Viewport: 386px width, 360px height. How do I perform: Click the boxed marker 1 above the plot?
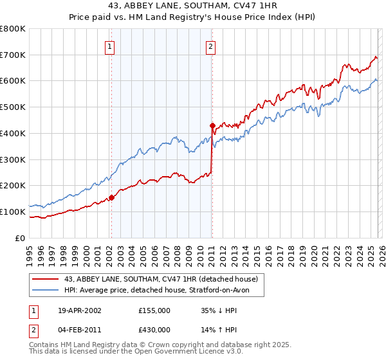pyautogui.click(x=110, y=46)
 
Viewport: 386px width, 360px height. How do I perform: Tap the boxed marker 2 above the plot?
pyautogui.click(x=211, y=46)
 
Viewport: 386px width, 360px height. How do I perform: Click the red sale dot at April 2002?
pyautogui.click(x=111, y=197)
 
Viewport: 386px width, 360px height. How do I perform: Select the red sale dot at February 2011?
pyautogui.click(x=212, y=125)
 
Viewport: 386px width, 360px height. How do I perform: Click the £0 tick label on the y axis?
pyautogui.click(x=21, y=238)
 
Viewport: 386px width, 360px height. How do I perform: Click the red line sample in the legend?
pyautogui.click(x=46, y=279)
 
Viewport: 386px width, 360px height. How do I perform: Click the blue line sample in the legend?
pyautogui.click(x=46, y=291)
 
